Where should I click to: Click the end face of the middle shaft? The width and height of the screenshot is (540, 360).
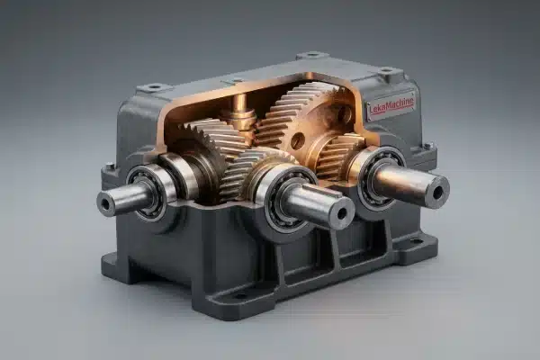point(341,213)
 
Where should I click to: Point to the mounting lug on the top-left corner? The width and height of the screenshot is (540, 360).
point(154,87)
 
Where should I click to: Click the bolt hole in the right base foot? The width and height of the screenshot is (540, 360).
point(415,241)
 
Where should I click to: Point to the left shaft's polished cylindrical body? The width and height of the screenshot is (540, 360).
point(126,199)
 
